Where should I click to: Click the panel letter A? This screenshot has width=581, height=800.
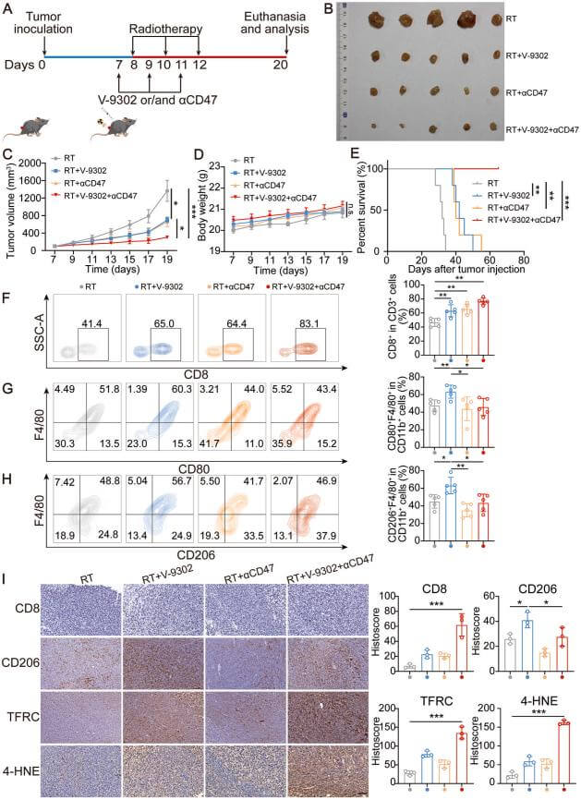coord(8,10)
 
